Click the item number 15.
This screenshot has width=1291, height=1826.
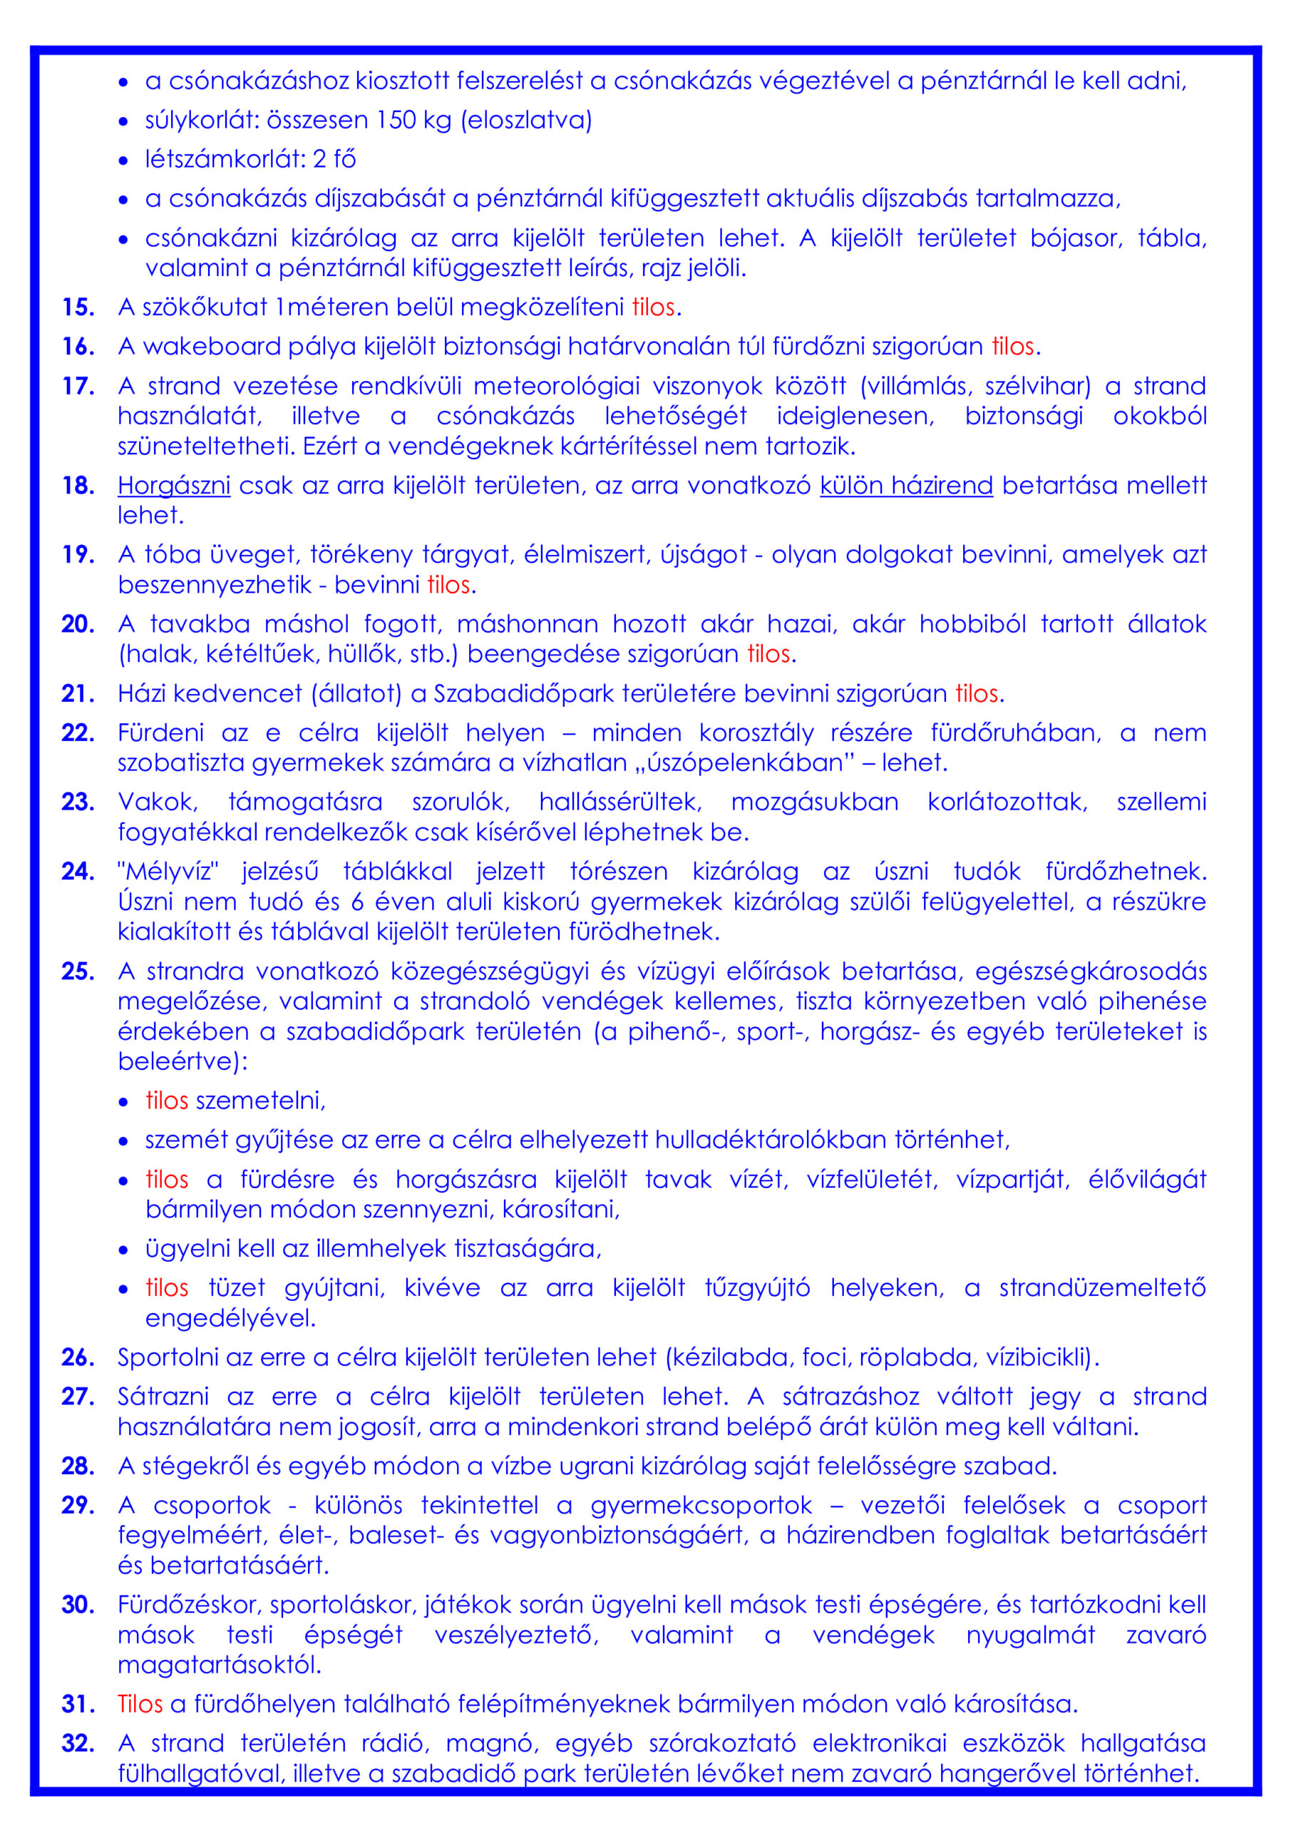78,307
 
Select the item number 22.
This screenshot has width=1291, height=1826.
78,733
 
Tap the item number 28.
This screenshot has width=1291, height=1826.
78,1466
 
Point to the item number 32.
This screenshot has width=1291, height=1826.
78,1743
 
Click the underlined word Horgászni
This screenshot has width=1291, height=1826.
174,485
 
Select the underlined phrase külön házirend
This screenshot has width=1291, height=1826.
906,485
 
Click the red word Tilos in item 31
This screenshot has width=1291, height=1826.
140,1703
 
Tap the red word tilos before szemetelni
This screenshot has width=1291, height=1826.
167,1101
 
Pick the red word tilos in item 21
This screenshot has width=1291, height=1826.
976,693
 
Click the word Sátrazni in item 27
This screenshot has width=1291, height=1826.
164,1397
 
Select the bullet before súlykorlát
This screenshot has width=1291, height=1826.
123,122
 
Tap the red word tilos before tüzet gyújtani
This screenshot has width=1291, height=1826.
167,1287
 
